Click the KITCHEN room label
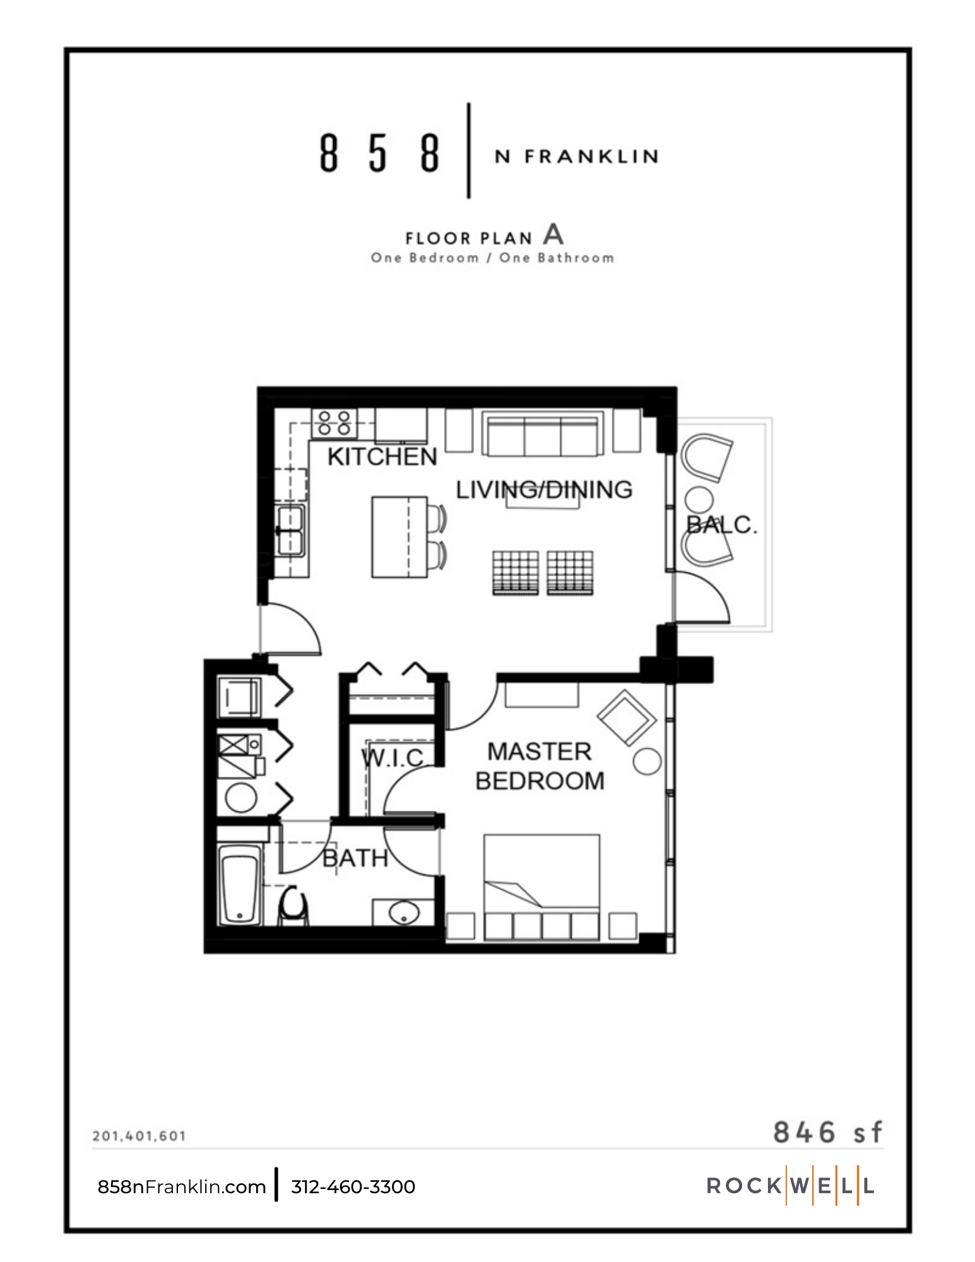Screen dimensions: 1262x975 pyautogui.click(x=382, y=457)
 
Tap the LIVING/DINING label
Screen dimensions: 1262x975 pyautogui.click(x=544, y=490)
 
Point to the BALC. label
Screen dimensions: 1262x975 pyautogui.click(x=721, y=525)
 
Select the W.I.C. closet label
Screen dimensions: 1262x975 pyautogui.click(x=394, y=758)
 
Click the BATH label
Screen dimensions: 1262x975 pyautogui.click(x=355, y=858)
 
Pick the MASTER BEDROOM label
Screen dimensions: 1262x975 pyautogui.click(x=540, y=766)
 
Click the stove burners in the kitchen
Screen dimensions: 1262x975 pyautogui.click(x=334, y=423)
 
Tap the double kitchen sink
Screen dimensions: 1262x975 pyautogui.click(x=291, y=530)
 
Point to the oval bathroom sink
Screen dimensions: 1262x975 pyautogui.click(x=403, y=912)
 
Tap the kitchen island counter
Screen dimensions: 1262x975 pyautogui.click(x=399, y=537)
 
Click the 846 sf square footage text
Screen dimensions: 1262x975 pyautogui.click(x=827, y=1132)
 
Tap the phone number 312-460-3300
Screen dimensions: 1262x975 pyautogui.click(x=353, y=1187)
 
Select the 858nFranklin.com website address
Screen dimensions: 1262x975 pyautogui.click(x=182, y=1187)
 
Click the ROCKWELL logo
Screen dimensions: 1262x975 pyautogui.click(x=790, y=1186)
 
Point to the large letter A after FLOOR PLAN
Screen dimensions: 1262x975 pyautogui.click(x=553, y=235)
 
